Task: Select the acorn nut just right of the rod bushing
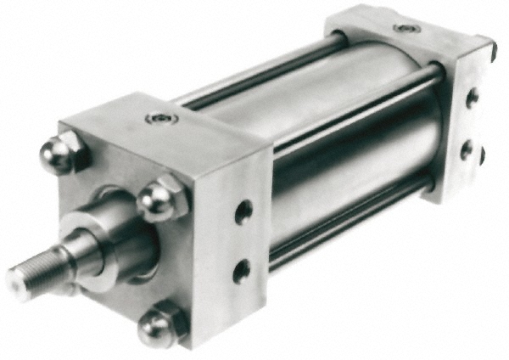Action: pos(157,200)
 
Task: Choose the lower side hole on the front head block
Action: pos(243,271)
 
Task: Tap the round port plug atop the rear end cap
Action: pos(402,28)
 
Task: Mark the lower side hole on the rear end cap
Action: pos(467,151)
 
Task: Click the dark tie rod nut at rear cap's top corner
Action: pos(490,49)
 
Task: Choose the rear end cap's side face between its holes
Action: pos(469,124)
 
